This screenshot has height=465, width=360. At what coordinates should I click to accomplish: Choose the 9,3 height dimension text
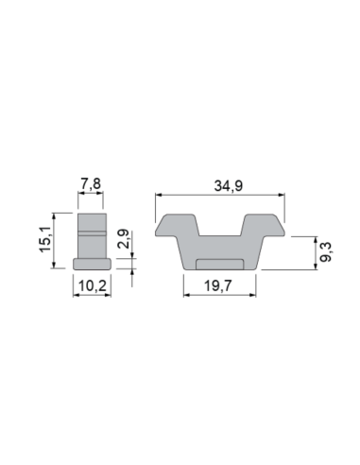tap(325, 252)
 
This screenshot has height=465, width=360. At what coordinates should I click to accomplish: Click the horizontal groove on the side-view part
tap(92, 232)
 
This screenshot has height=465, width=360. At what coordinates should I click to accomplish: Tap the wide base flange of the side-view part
tap(92, 262)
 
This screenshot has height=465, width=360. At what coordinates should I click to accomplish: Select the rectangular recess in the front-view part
tap(219, 262)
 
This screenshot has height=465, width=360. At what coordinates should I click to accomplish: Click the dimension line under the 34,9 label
tap(219, 195)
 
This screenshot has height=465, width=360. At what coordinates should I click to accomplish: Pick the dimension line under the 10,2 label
tap(92, 293)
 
